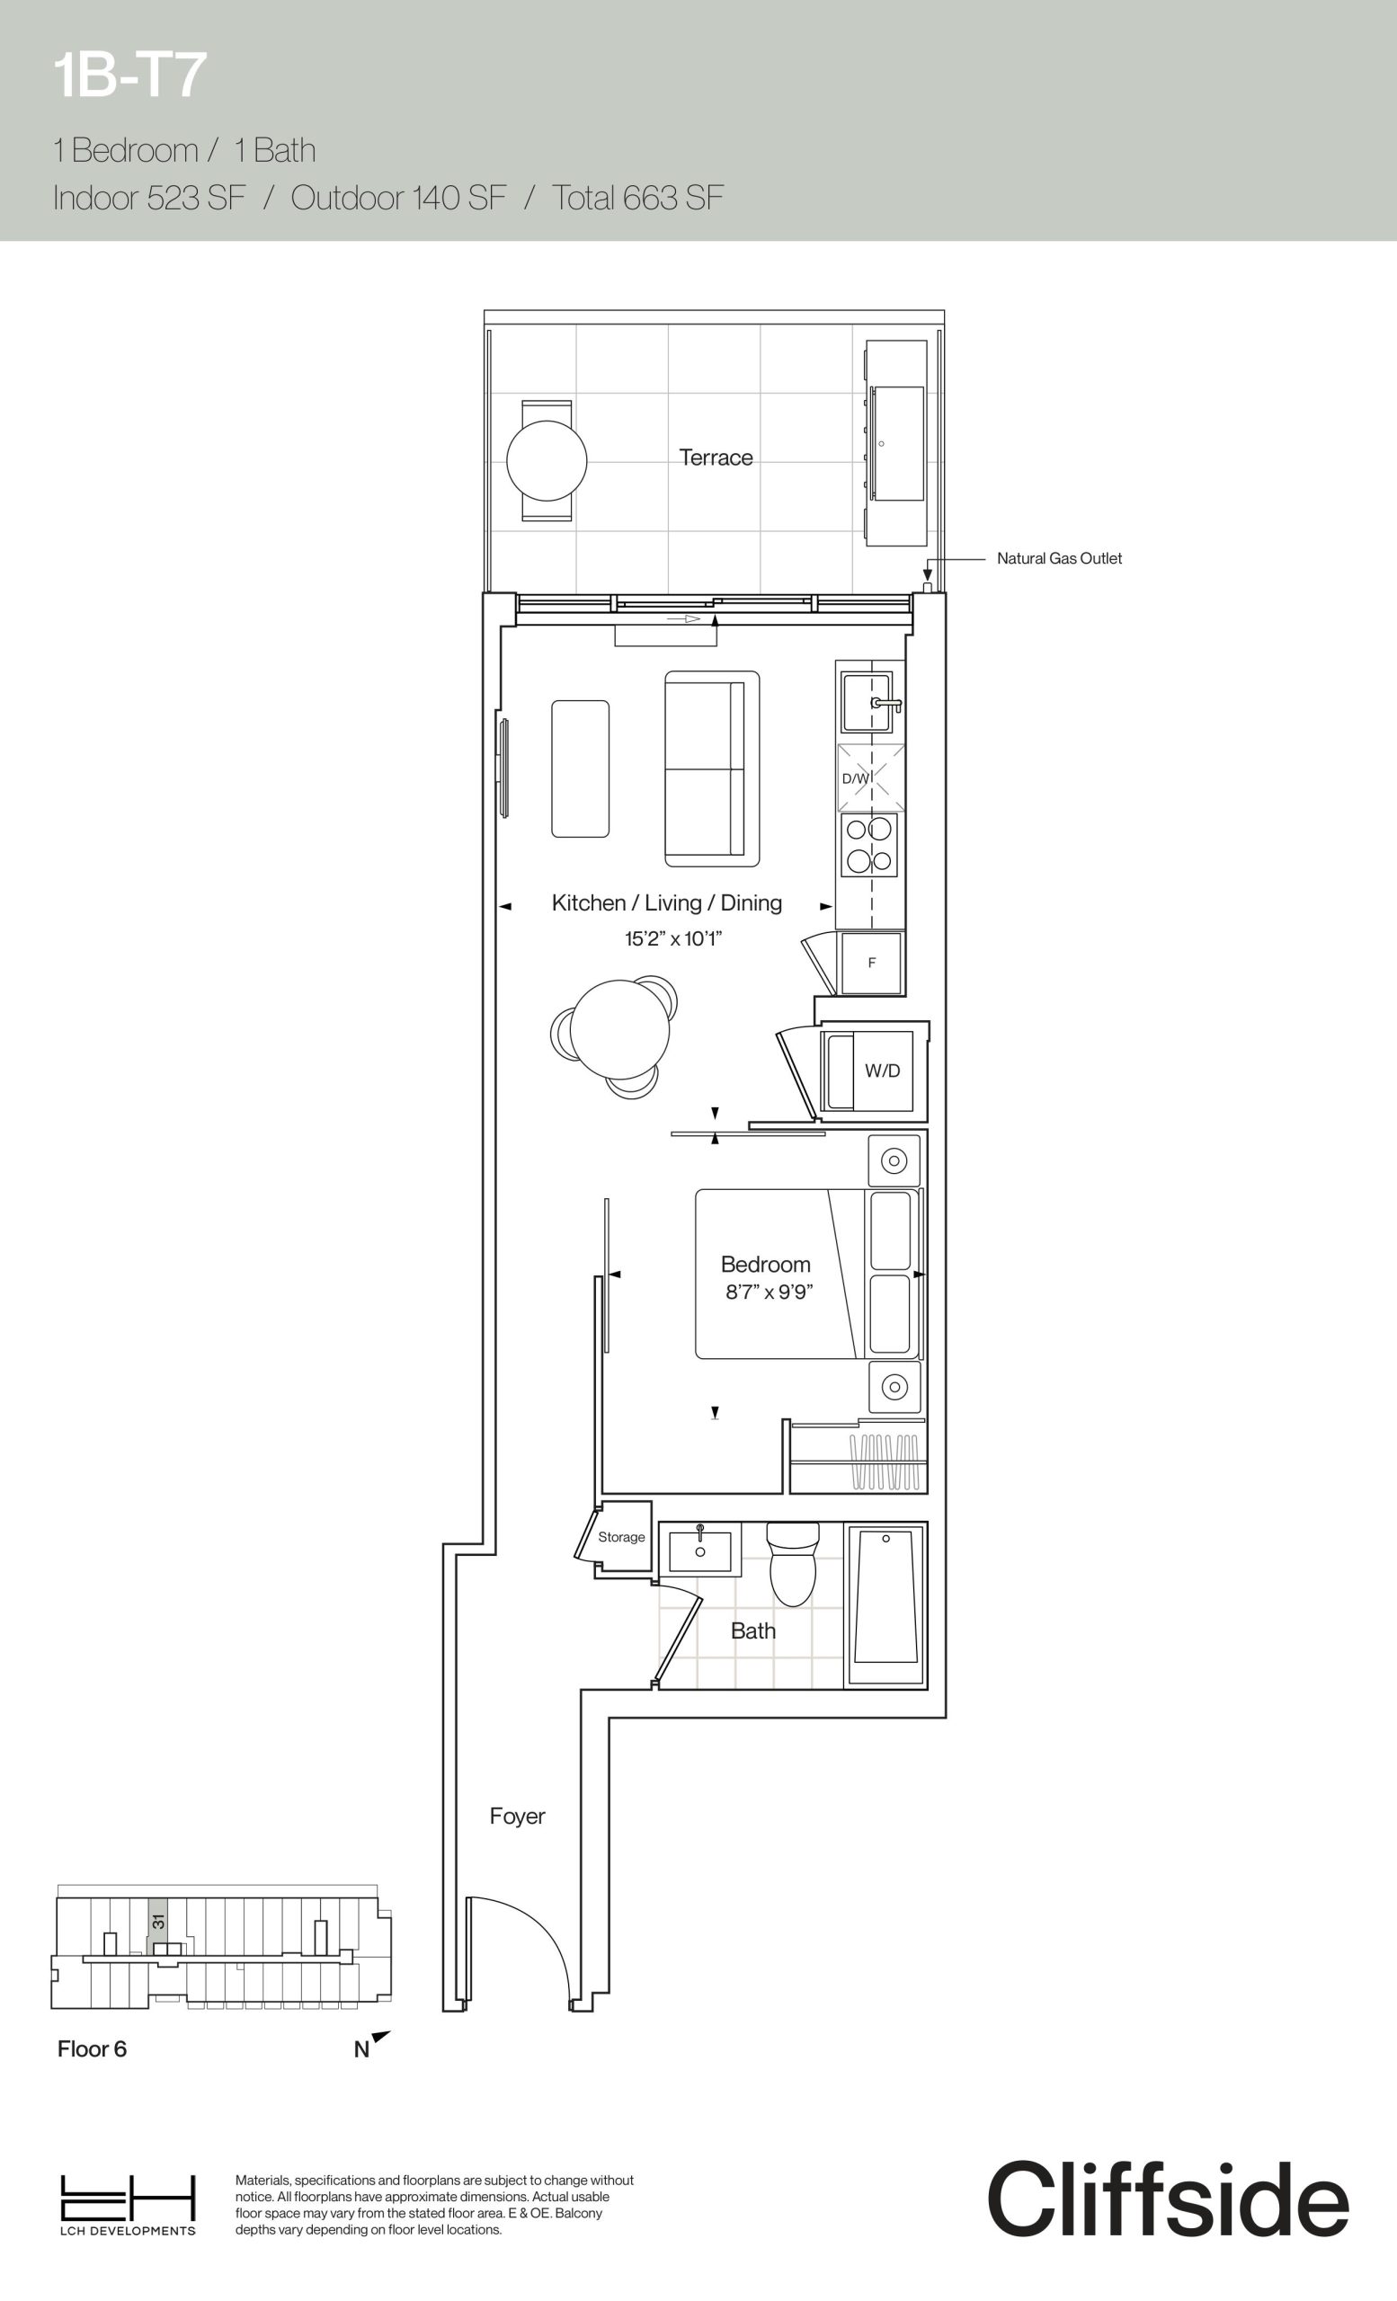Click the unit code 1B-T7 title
[129, 76]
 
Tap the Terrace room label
[716, 458]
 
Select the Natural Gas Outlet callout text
[1059, 558]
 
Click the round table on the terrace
[547, 460]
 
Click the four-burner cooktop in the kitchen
[868, 844]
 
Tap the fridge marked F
[871, 963]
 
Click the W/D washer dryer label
[883, 1071]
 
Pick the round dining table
[620, 1029]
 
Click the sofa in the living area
[712, 768]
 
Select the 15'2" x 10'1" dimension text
[673, 938]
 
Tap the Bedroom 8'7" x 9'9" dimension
[770, 1293]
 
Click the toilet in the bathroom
[793, 1563]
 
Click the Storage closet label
[621, 1537]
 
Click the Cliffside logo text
[1169, 2199]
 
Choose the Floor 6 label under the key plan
[92, 2048]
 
